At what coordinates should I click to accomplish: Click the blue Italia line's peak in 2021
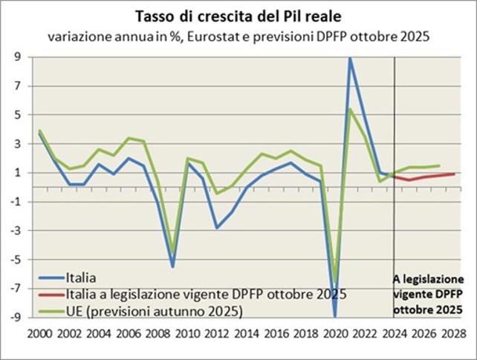click(349, 59)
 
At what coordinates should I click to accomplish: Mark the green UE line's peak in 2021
click(349, 109)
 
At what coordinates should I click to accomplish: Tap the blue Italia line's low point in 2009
click(173, 266)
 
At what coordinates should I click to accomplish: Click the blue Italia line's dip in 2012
click(216, 227)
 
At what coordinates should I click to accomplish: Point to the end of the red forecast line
click(454, 174)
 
